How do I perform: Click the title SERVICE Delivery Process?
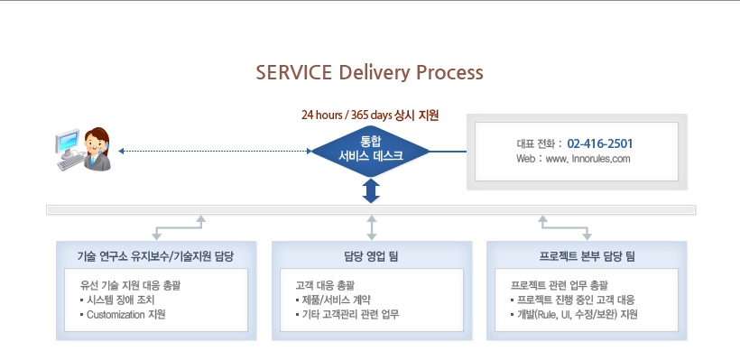(369, 73)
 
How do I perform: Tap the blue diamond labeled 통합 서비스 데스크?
(371, 151)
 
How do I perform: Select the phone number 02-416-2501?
(600, 143)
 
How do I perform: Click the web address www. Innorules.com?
(587, 159)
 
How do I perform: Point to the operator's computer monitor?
(67, 142)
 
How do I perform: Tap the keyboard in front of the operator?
(70, 162)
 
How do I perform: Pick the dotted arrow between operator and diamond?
(215, 151)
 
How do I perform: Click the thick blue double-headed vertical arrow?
(372, 190)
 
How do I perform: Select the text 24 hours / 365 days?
(346, 115)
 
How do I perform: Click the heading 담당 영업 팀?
(372, 256)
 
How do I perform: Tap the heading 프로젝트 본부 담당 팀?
(587, 256)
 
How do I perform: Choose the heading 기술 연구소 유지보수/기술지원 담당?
(156, 256)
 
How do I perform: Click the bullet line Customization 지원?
(123, 315)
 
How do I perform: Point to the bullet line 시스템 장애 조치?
(117, 300)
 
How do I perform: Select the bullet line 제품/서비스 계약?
(333, 300)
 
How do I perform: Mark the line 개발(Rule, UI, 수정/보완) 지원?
(574, 315)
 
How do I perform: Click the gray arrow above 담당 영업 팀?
(372, 228)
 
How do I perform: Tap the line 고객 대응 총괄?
(325, 285)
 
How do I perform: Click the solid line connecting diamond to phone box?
(448, 152)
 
